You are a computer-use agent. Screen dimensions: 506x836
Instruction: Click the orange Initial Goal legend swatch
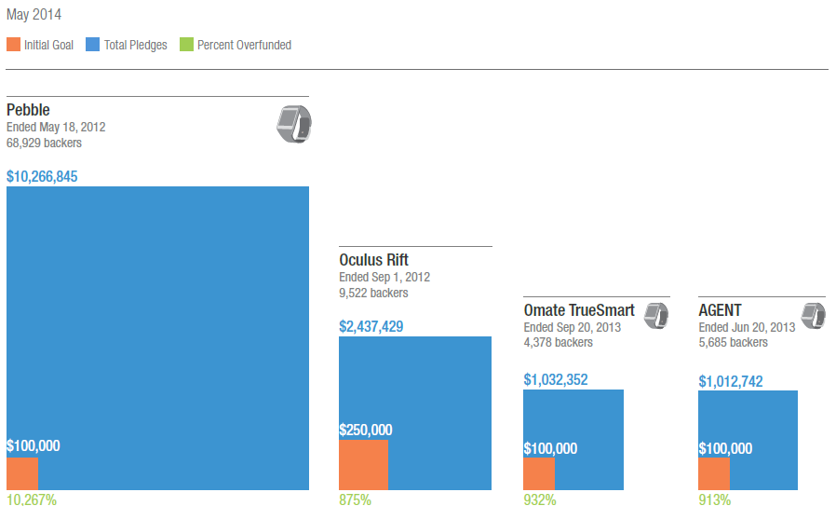coord(13,45)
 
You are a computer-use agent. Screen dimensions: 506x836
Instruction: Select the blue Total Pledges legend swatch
coord(93,45)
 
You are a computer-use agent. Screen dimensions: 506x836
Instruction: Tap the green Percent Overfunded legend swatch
coord(186,45)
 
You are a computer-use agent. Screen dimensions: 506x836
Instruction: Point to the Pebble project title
coord(28,111)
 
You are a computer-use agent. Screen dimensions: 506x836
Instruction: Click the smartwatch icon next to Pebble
coord(293,124)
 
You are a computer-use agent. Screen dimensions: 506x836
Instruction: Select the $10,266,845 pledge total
coord(42,176)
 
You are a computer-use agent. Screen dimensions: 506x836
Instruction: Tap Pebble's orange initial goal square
coord(22,473)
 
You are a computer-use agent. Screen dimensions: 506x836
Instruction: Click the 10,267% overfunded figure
coord(32,499)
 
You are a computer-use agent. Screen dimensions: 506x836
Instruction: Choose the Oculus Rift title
coord(373,260)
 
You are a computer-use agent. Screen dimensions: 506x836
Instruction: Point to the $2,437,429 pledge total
coord(371,327)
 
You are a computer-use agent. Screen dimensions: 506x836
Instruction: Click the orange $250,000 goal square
coord(363,464)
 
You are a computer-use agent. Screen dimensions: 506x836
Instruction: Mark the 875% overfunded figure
coord(355,499)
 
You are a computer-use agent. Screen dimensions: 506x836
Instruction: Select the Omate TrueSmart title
coord(579,310)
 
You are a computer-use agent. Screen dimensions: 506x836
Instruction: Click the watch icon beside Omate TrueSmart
coord(655,315)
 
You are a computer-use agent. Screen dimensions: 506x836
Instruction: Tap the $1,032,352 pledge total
coord(556,380)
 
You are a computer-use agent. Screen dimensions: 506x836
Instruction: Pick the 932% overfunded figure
coord(540,499)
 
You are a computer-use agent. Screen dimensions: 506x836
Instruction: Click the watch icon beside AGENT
coord(814,315)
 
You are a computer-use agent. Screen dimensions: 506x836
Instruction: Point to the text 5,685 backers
coord(733,342)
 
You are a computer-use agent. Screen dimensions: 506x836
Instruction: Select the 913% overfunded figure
coord(714,499)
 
